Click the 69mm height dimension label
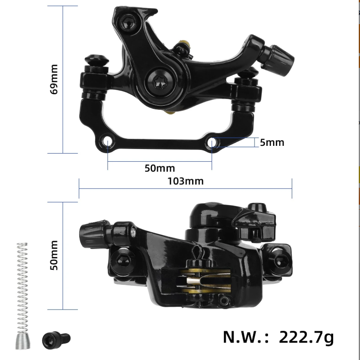click(x=54, y=79)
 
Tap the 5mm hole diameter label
click(x=272, y=143)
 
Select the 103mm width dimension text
click(x=186, y=181)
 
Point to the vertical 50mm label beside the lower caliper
click(x=54, y=255)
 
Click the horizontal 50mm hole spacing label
click(x=160, y=168)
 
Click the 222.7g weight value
click(x=306, y=337)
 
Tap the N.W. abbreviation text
click(x=246, y=337)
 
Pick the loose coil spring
click(x=22, y=296)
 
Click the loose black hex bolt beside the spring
click(x=56, y=340)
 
